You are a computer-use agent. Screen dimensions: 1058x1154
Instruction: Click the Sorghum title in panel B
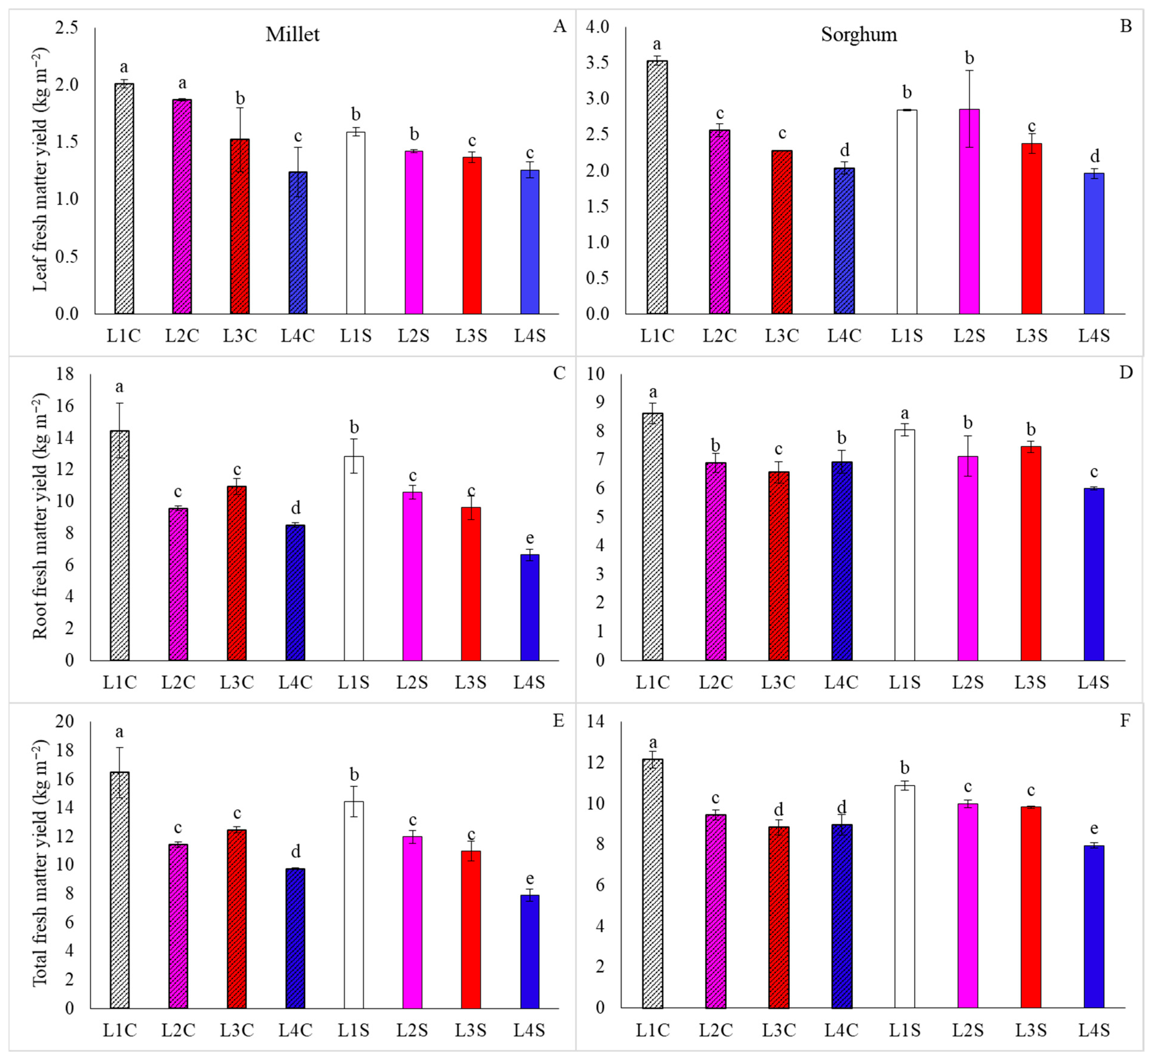[859, 34]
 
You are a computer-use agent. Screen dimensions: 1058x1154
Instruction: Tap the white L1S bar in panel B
[907, 212]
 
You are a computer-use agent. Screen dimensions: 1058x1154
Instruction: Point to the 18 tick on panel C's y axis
[65, 374]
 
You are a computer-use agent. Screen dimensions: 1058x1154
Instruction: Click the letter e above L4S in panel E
[530, 879]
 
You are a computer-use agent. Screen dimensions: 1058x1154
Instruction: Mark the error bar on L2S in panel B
[969, 109]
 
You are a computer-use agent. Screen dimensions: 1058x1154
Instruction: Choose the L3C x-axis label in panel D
[778, 683]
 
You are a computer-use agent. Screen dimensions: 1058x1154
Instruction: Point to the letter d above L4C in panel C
[295, 507]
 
